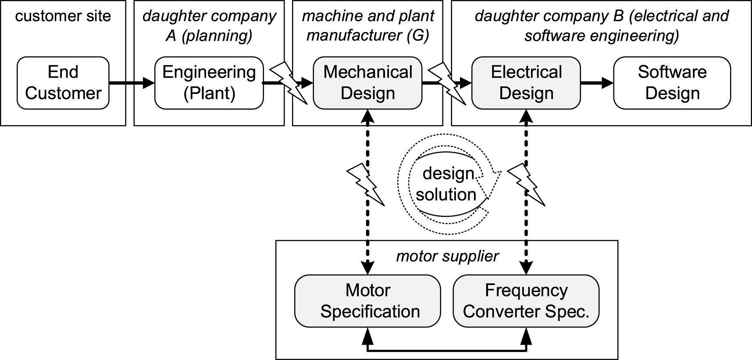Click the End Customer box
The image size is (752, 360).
pos(63,83)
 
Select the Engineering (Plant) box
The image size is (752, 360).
pos(209,83)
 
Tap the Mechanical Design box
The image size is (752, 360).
pos(368,83)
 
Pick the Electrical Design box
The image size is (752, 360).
pos(526,83)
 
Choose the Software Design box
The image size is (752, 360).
pos(672,83)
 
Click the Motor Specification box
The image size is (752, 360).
pos(367,301)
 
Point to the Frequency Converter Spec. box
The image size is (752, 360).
pos(526,301)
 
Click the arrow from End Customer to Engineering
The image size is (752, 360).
pos(132,82)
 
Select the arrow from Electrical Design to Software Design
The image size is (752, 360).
pos(597,82)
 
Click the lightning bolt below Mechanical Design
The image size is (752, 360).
pos(366,185)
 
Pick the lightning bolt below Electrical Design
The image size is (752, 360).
pos(526,185)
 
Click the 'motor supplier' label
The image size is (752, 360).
pos(447,256)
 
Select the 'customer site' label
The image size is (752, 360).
pos(63,16)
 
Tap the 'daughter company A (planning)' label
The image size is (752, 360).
pos(209,26)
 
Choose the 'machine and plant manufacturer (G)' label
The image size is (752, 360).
pos(368,26)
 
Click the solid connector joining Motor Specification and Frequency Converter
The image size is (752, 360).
pos(447,350)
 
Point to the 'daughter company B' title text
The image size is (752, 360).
pos(602,26)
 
